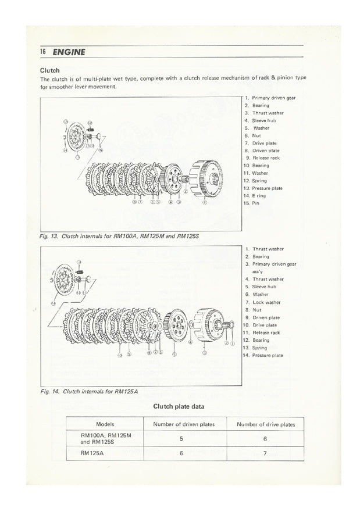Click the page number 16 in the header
tap(42, 52)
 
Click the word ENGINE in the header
tap(68, 52)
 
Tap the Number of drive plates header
tap(266, 425)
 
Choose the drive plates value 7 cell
tap(266, 456)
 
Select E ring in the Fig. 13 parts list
tap(259, 196)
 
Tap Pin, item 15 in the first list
tap(256, 203)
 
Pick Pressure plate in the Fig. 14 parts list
tap(268, 355)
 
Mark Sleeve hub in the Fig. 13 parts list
tap(264, 120)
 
